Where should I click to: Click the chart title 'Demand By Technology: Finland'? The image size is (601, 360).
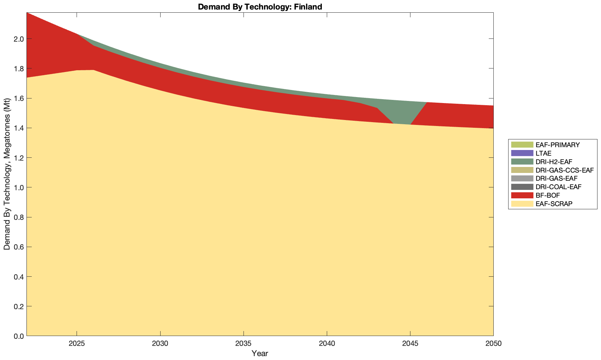(x=260, y=6)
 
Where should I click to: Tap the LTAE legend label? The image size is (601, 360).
(x=543, y=153)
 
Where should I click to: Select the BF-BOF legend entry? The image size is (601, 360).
(x=547, y=195)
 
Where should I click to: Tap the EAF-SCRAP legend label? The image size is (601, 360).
(x=554, y=204)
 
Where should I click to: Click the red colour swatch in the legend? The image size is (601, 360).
(x=522, y=195)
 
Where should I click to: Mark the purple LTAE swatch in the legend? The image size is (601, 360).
(x=522, y=153)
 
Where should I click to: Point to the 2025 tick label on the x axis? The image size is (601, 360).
(x=77, y=344)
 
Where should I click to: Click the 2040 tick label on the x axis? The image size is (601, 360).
(x=327, y=344)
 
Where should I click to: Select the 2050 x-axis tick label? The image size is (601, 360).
(x=493, y=344)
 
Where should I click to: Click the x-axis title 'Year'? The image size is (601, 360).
(x=260, y=353)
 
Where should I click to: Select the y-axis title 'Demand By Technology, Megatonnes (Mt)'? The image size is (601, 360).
(x=7, y=174)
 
